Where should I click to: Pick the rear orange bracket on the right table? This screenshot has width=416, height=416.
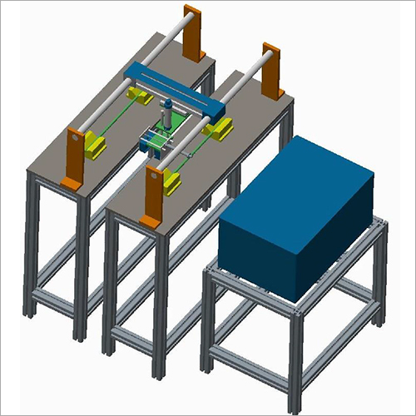270,71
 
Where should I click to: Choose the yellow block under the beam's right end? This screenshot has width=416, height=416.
222,126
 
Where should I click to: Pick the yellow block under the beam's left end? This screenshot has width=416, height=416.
143,97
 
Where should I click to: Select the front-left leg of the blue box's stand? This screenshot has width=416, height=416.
207,324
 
